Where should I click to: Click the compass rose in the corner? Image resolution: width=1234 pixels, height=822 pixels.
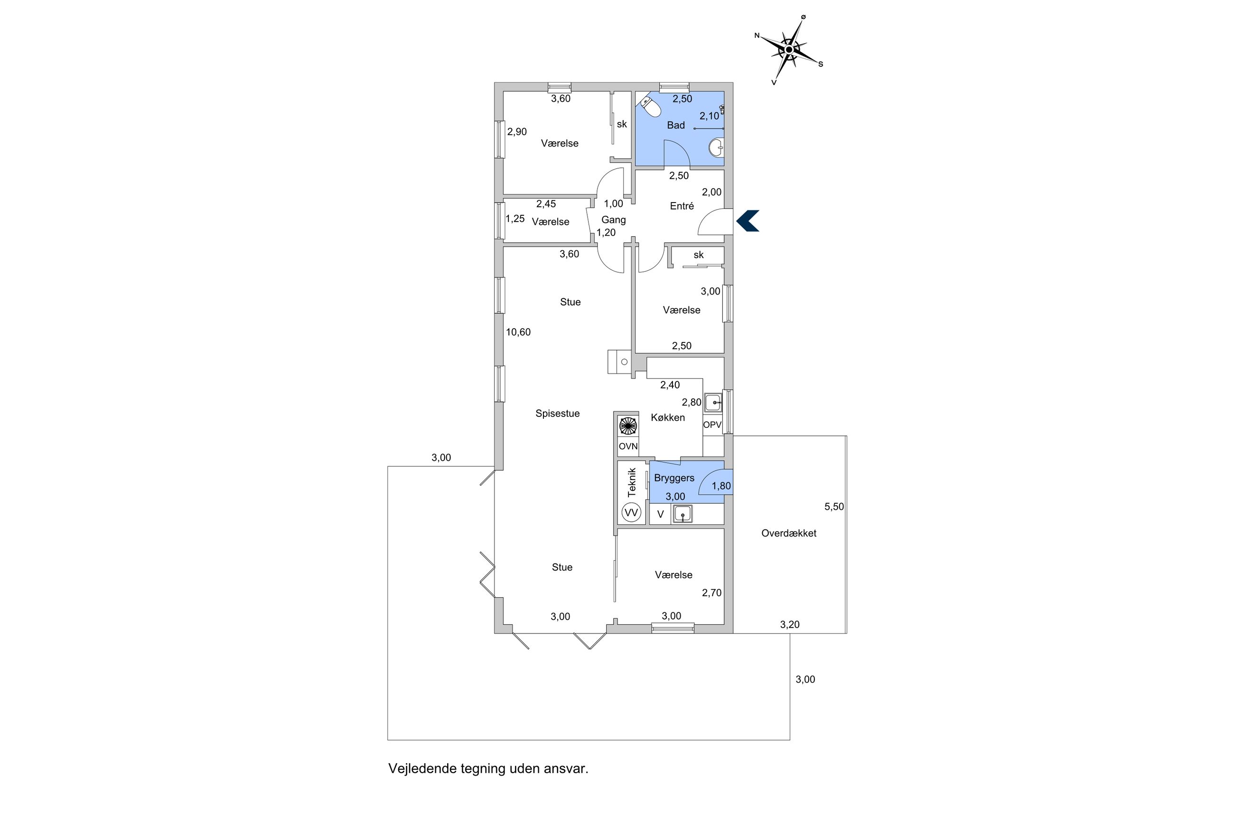788,50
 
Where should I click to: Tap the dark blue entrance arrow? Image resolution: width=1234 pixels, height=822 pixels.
748,221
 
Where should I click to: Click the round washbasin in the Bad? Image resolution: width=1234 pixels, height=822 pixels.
716,148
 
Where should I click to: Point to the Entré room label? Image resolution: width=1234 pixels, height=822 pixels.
682,206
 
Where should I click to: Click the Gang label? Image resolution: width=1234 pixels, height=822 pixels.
614,220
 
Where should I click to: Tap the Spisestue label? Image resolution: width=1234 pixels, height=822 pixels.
558,414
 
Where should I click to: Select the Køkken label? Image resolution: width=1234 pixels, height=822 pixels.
668,417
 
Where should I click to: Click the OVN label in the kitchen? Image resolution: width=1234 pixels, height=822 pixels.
628,446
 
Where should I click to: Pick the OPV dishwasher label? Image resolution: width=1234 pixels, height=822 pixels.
712,425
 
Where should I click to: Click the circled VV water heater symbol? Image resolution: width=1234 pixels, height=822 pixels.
631,512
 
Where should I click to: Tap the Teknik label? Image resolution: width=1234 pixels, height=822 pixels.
632,482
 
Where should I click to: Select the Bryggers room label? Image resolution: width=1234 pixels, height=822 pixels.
674,478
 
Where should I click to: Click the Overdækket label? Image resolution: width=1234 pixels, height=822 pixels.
789,533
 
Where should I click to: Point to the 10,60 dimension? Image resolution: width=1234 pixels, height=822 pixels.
518,332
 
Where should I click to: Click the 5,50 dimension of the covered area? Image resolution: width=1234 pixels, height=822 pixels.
834,507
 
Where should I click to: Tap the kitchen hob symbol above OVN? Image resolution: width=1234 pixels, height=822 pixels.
628,425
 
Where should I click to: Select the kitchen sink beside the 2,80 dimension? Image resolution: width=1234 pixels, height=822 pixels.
713,403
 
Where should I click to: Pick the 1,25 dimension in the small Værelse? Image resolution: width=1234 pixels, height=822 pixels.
515,219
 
